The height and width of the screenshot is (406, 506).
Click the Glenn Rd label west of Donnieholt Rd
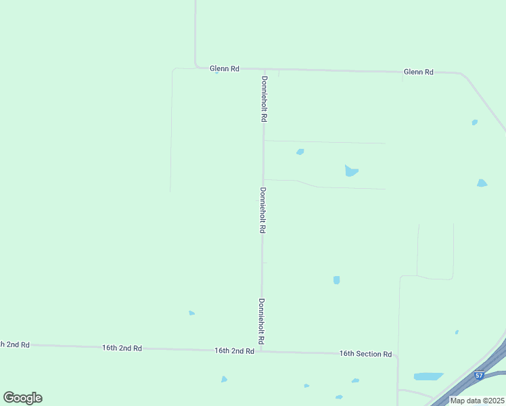point(225,68)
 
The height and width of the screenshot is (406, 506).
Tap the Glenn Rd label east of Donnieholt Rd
point(418,71)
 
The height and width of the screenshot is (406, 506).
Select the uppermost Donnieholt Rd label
point(264,99)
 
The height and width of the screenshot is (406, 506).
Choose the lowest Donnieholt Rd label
point(261,321)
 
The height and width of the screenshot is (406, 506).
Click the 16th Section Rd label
point(365,354)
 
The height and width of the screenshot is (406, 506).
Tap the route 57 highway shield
point(480,375)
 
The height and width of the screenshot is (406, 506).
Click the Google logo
point(22,398)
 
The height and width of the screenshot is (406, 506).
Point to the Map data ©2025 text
point(476,401)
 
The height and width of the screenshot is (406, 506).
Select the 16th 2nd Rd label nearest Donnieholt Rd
point(234,351)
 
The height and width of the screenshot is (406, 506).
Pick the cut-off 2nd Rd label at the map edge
point(15,344)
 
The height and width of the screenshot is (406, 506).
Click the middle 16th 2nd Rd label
point(122,348)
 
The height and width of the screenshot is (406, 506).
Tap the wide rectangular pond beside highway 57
point(428,376)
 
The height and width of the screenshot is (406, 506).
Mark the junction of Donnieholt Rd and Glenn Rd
point(264,69)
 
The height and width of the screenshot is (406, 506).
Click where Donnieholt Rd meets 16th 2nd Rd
point(261,351)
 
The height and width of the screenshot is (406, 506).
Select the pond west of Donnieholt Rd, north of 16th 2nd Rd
point(191,313)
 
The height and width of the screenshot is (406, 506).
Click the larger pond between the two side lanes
point(350,171)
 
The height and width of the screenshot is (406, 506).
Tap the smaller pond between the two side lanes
point(300,152)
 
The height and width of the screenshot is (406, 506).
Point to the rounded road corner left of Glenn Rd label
point(197,66)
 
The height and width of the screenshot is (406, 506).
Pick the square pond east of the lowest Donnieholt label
point(336,279)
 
